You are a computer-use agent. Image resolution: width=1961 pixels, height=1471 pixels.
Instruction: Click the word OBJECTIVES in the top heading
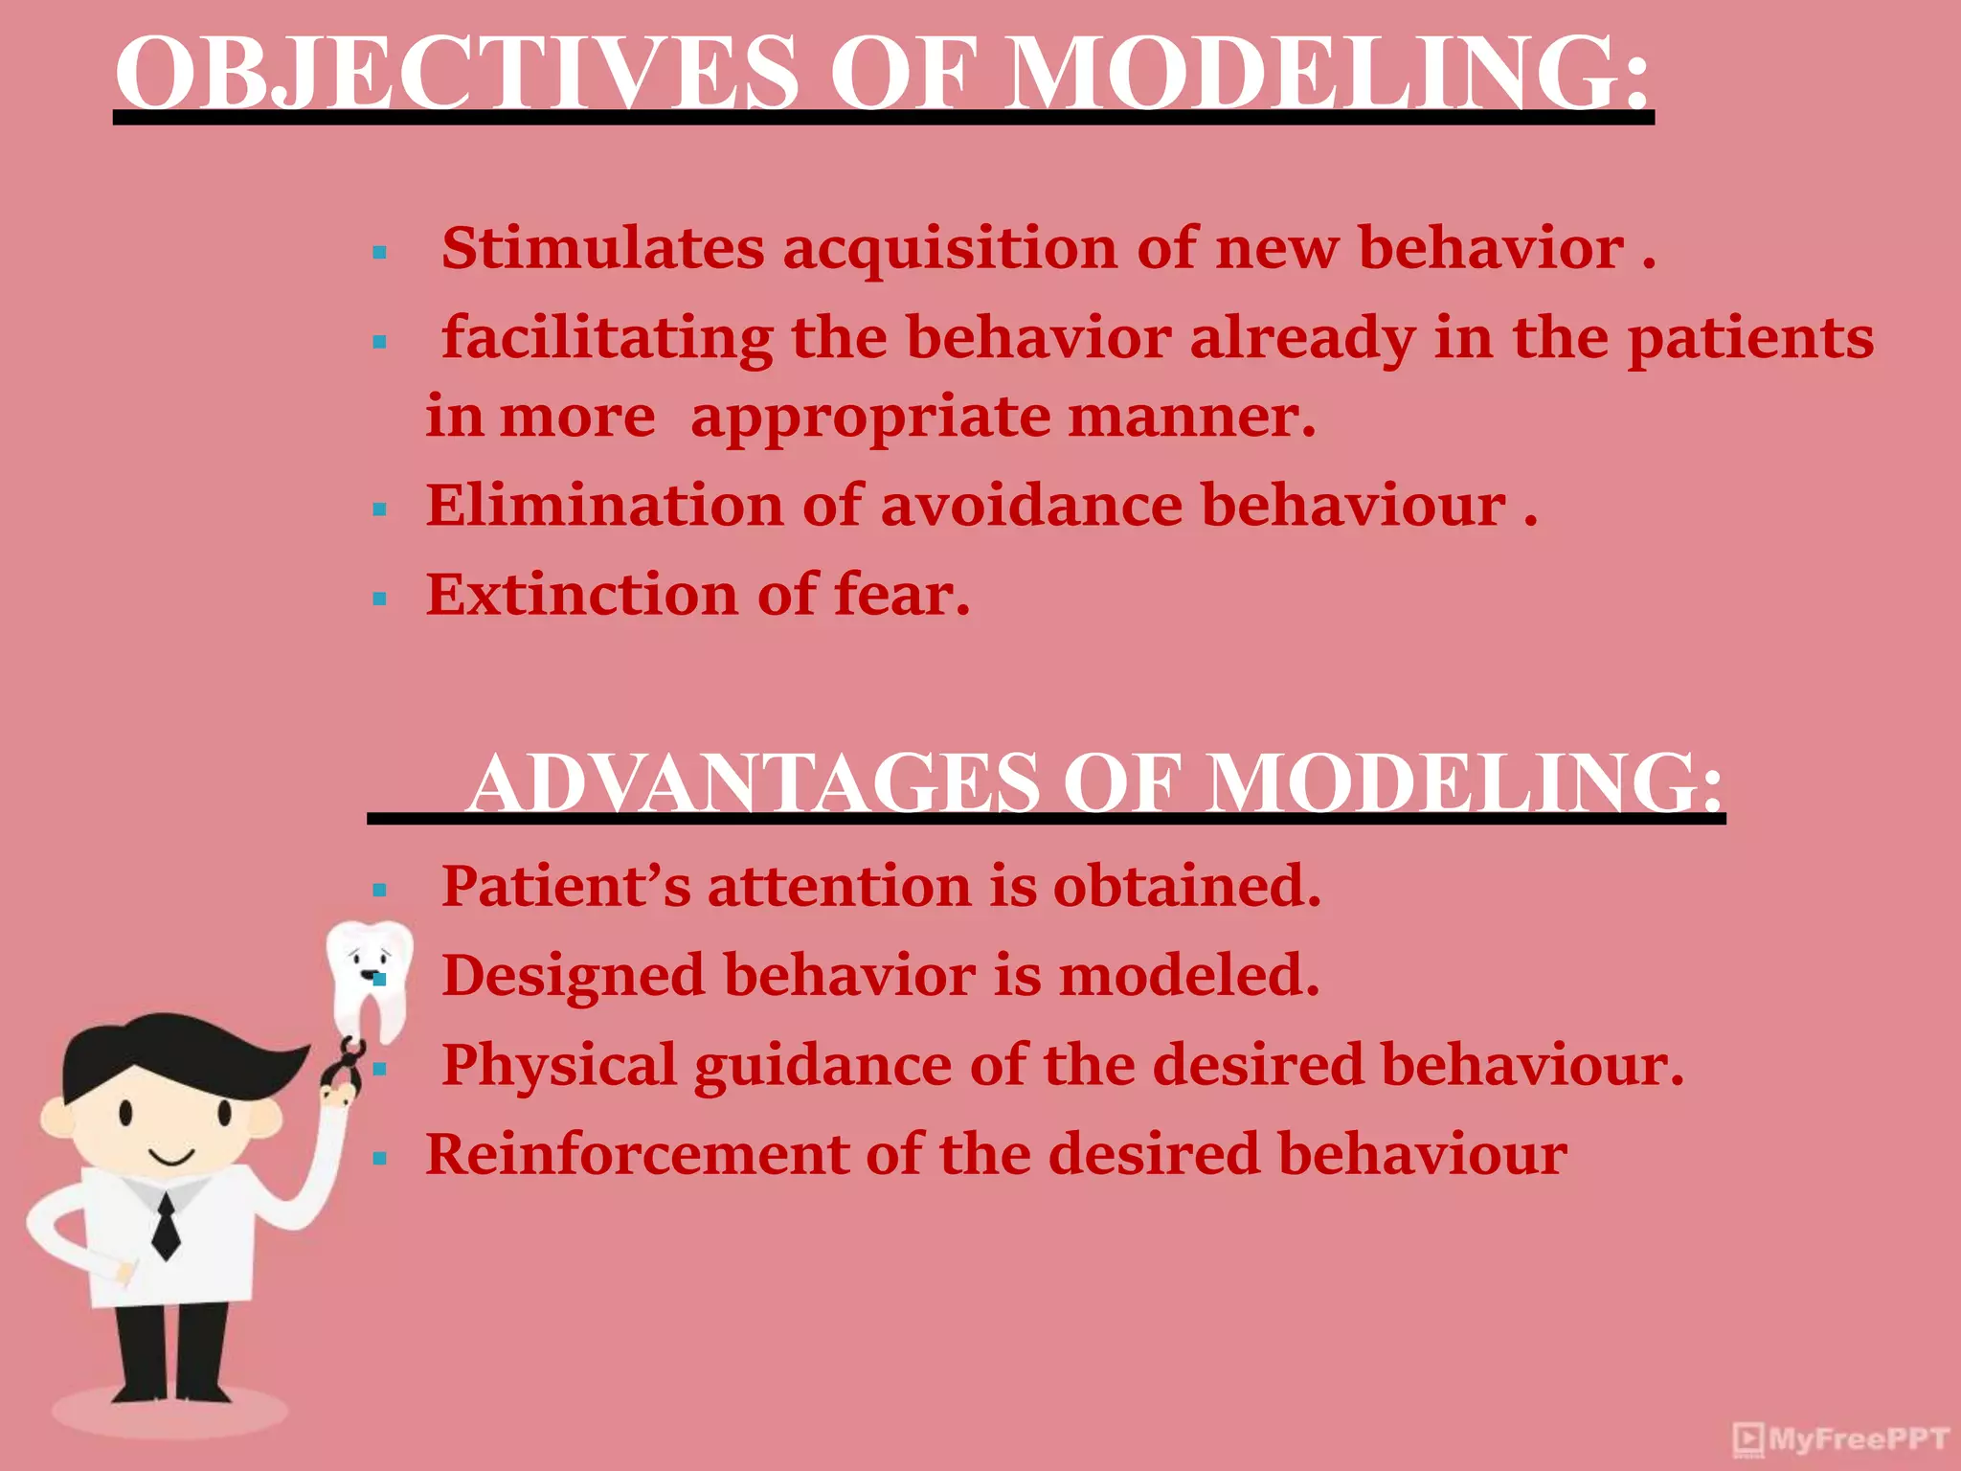coord(456,75)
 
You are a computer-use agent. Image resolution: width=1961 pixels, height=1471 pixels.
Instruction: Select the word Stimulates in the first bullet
coord(603,249)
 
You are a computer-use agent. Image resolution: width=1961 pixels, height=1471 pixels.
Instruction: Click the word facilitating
coord(607,338)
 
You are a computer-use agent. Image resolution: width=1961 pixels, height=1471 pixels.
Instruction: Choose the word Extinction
coord(582,595)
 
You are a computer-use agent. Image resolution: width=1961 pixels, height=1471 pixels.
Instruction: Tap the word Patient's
coord(565,886)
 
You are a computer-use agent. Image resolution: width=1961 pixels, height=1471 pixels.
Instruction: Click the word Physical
coord(559,1065)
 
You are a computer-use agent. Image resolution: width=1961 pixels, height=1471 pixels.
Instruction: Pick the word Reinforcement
coord(637,1154)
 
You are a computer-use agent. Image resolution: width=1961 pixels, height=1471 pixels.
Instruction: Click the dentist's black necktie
coord(167,1226)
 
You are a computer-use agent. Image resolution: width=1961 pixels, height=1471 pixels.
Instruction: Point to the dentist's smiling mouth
coord(172,1159)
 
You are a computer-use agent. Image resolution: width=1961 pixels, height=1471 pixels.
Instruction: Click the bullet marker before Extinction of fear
coord(380,600)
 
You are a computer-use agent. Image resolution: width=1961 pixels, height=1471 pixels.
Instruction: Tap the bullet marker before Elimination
coord(380,509)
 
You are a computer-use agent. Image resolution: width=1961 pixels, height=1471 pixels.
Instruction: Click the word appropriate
coord(869,419)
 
